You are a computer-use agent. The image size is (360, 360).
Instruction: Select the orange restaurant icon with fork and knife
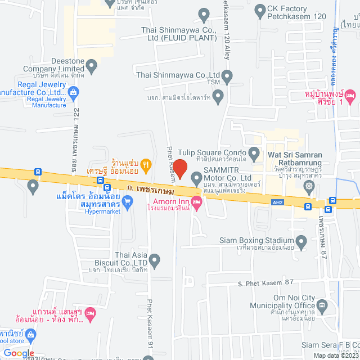click(x=146, y=164)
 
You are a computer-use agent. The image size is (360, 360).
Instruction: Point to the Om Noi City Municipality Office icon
click(x=322, y=307)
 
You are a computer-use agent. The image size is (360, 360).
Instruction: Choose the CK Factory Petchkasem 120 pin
click(x=260, y=10)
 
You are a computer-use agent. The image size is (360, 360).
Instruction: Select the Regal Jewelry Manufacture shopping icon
click(x=73, y=92)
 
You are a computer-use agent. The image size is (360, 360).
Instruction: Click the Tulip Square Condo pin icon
click(x=254, y=152)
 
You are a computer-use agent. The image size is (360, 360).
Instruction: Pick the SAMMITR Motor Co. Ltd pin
click(x=196, y=179)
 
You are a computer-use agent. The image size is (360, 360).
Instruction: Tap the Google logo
click(x=19, y=353)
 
